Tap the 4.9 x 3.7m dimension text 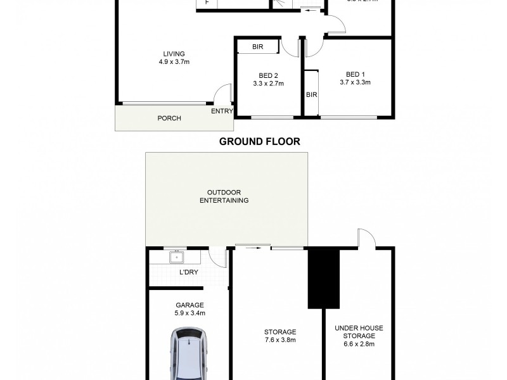pos(174,62)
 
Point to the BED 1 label pos(355,73)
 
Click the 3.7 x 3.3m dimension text pos(355,82)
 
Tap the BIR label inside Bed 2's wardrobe pos(257,47)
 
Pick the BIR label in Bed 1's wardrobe pos(311,95)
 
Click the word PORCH pos(169,118)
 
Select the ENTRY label pos(222,111)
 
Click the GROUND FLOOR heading pos(259,141)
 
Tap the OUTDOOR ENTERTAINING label pos(227,196)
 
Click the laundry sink pos(176,258)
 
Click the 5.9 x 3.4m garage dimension pos(189,313)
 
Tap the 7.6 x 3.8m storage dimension pos(279,340)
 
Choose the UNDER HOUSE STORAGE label pos(359,332)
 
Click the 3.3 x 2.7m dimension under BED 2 pos(268,83)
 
